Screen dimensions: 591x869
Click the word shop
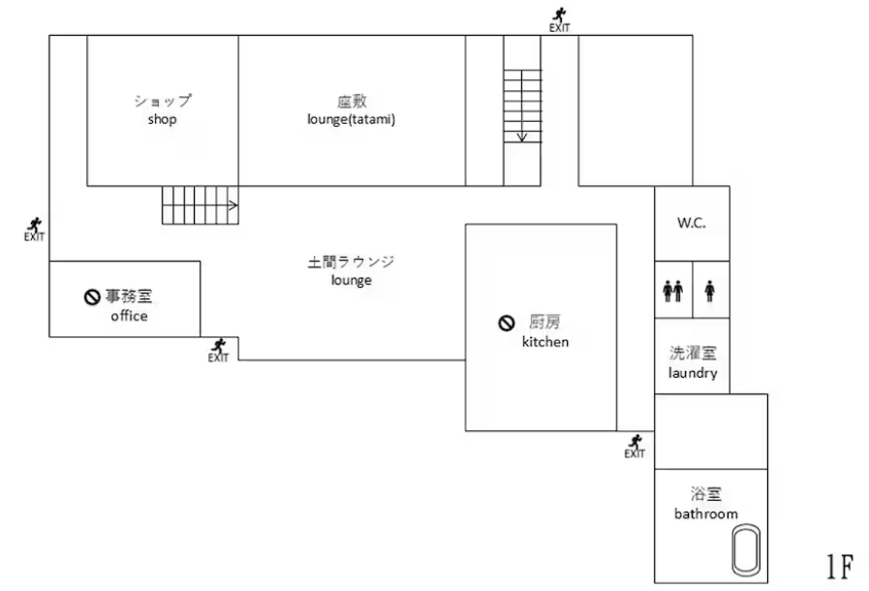162,120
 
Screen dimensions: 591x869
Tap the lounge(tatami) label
351,120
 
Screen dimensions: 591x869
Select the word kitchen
545,342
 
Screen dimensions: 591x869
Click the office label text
129,316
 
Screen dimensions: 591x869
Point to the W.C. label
691,223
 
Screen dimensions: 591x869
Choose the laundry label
692,373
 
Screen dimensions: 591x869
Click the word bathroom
706,513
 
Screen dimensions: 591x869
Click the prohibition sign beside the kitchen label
505,324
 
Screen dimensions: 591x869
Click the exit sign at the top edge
559,18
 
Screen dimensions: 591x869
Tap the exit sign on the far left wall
35,229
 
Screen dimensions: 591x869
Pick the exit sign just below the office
219,349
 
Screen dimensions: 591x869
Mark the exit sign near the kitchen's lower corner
635,446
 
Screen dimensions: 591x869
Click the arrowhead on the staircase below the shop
233,205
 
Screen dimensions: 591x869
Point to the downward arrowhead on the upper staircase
522,137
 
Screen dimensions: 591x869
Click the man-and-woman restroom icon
672,290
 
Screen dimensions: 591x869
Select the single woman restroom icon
710,290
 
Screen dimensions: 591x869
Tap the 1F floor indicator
838,566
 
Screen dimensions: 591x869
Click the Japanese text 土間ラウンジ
351,262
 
